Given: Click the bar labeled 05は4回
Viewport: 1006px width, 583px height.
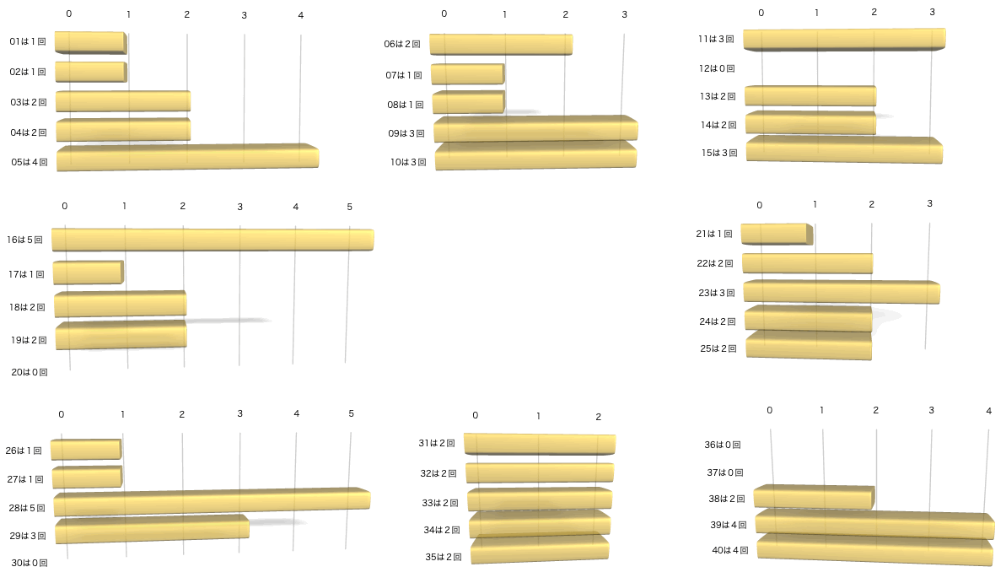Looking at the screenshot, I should (187, 158).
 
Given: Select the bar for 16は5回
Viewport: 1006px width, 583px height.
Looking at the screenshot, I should (212, 240).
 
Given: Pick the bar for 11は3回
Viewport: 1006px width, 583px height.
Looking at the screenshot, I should (843, 39).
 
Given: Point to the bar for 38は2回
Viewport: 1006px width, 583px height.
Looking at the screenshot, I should (814, 498).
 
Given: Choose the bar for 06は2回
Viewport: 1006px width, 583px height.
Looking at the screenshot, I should (501, 45).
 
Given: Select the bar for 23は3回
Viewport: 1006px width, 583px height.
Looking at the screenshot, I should (841, 292).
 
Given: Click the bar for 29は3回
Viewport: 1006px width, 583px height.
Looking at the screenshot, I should (152, 529).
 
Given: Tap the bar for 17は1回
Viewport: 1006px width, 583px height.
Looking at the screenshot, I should (88, 273).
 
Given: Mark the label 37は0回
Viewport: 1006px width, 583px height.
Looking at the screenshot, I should (725, 472).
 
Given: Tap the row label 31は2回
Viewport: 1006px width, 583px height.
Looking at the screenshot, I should (437, 443).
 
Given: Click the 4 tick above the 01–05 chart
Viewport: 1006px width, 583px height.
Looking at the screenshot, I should (300, 15).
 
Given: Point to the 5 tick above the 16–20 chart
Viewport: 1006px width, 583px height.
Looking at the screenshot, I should (349, 207).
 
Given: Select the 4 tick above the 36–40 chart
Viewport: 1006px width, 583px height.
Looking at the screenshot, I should (988, 411).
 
